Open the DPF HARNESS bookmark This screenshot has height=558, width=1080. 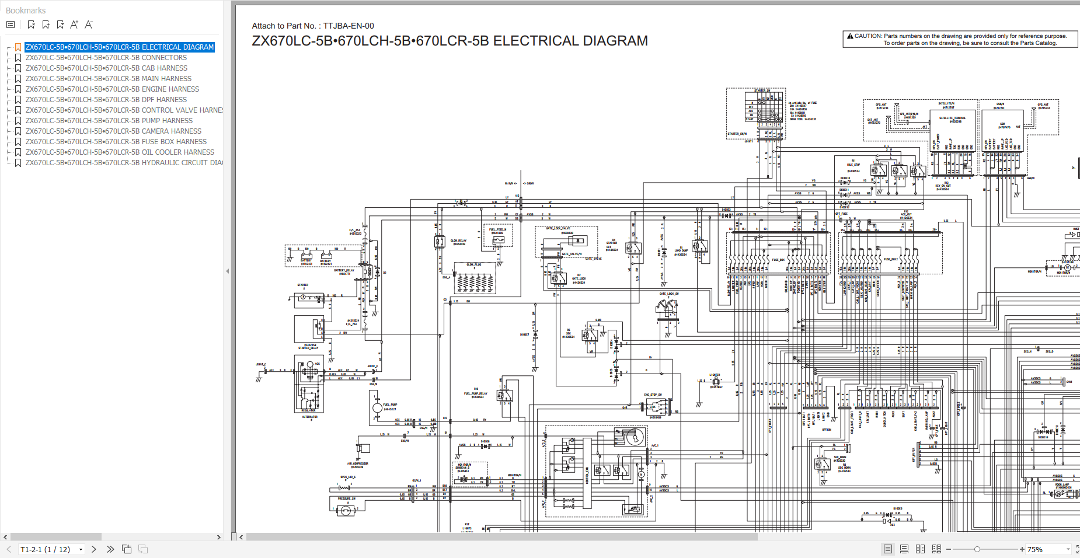pyautogui.click(x=106, y=100)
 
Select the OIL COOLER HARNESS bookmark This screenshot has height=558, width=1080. pyautogui.click(x=120, y=152)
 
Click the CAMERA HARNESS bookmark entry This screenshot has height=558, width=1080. pyautogui.click(x=113, y=131)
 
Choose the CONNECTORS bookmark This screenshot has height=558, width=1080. pyautogui.click(x=106, y=58)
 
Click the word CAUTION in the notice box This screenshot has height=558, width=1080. pyautogui.click(x=868, y=36)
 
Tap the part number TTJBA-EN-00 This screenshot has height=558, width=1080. pyautogui.click(x=349, y=26)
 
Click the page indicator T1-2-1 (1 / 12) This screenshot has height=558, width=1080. pyautogui.click(x=46, y=549)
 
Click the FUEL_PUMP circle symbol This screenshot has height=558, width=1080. pyautogui.click(x=378, y=407)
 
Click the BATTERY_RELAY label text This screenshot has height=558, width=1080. pyautogui.click(x=344, y=271)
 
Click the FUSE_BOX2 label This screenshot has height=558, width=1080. pyautogui.click(x=890, y=259)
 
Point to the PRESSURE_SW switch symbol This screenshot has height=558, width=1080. pyautogui.click(x=346, y=511)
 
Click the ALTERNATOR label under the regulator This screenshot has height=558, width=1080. pyautogui.click(x=309, y=417)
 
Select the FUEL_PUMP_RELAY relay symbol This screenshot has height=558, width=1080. pyautogui.click(x=504, y=396)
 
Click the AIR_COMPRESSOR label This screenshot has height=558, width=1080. pyautogui.click(x=357, y=465)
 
